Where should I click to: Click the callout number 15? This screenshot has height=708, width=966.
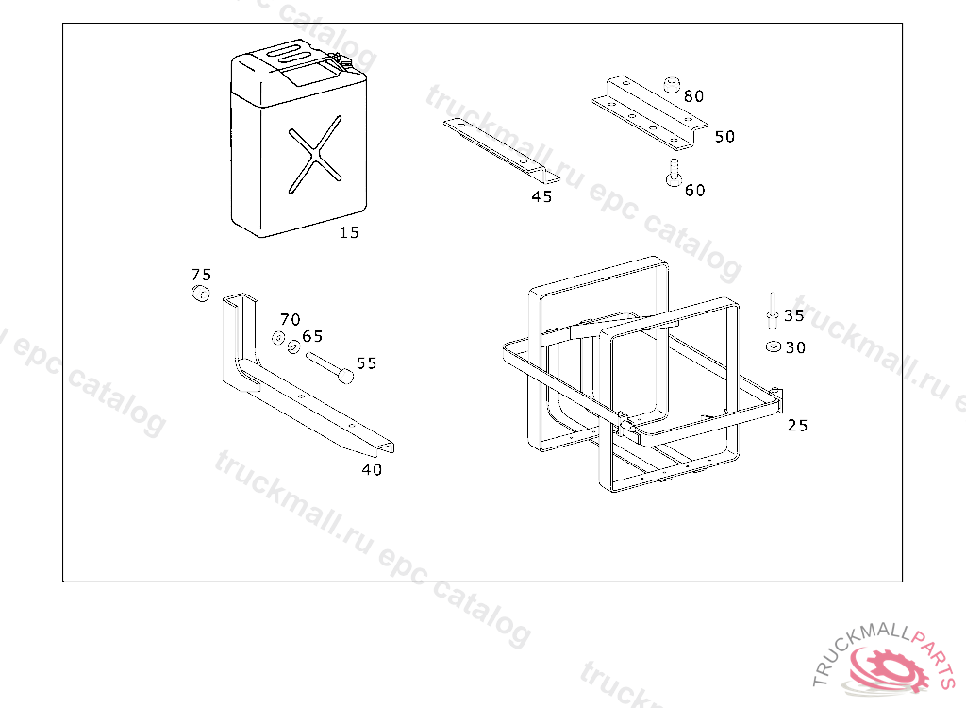[x=349, y=232]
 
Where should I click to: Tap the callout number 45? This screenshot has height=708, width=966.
[x=541, y=196]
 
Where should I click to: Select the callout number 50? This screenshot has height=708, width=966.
[x=724, y=136]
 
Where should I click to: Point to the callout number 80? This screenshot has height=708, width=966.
[x=693, y=96]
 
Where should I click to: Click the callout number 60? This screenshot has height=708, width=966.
[x=695, y=190]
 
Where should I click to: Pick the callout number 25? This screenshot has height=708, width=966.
[x=797, y=426]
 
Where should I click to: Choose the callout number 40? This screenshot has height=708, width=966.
[x=372, y=470]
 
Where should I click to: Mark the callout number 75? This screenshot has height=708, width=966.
[x=201, y=275]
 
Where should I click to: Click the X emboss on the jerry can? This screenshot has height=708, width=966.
[x=315, y=155]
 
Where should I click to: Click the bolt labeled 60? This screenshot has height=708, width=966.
[x=674, y=173]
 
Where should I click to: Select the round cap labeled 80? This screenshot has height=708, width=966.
[x=672, y=85]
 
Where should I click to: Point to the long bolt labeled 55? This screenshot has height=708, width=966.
[x=330, y=367]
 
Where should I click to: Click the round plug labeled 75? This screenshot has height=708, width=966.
[x=200, y=294]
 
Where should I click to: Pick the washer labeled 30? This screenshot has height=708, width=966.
[x=774, y=347]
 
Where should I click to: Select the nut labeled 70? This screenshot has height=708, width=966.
[x=278, y=338]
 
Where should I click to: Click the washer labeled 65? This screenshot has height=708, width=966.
[x=293, y=347]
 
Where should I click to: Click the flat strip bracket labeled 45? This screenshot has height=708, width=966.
[x=502, y=152]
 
